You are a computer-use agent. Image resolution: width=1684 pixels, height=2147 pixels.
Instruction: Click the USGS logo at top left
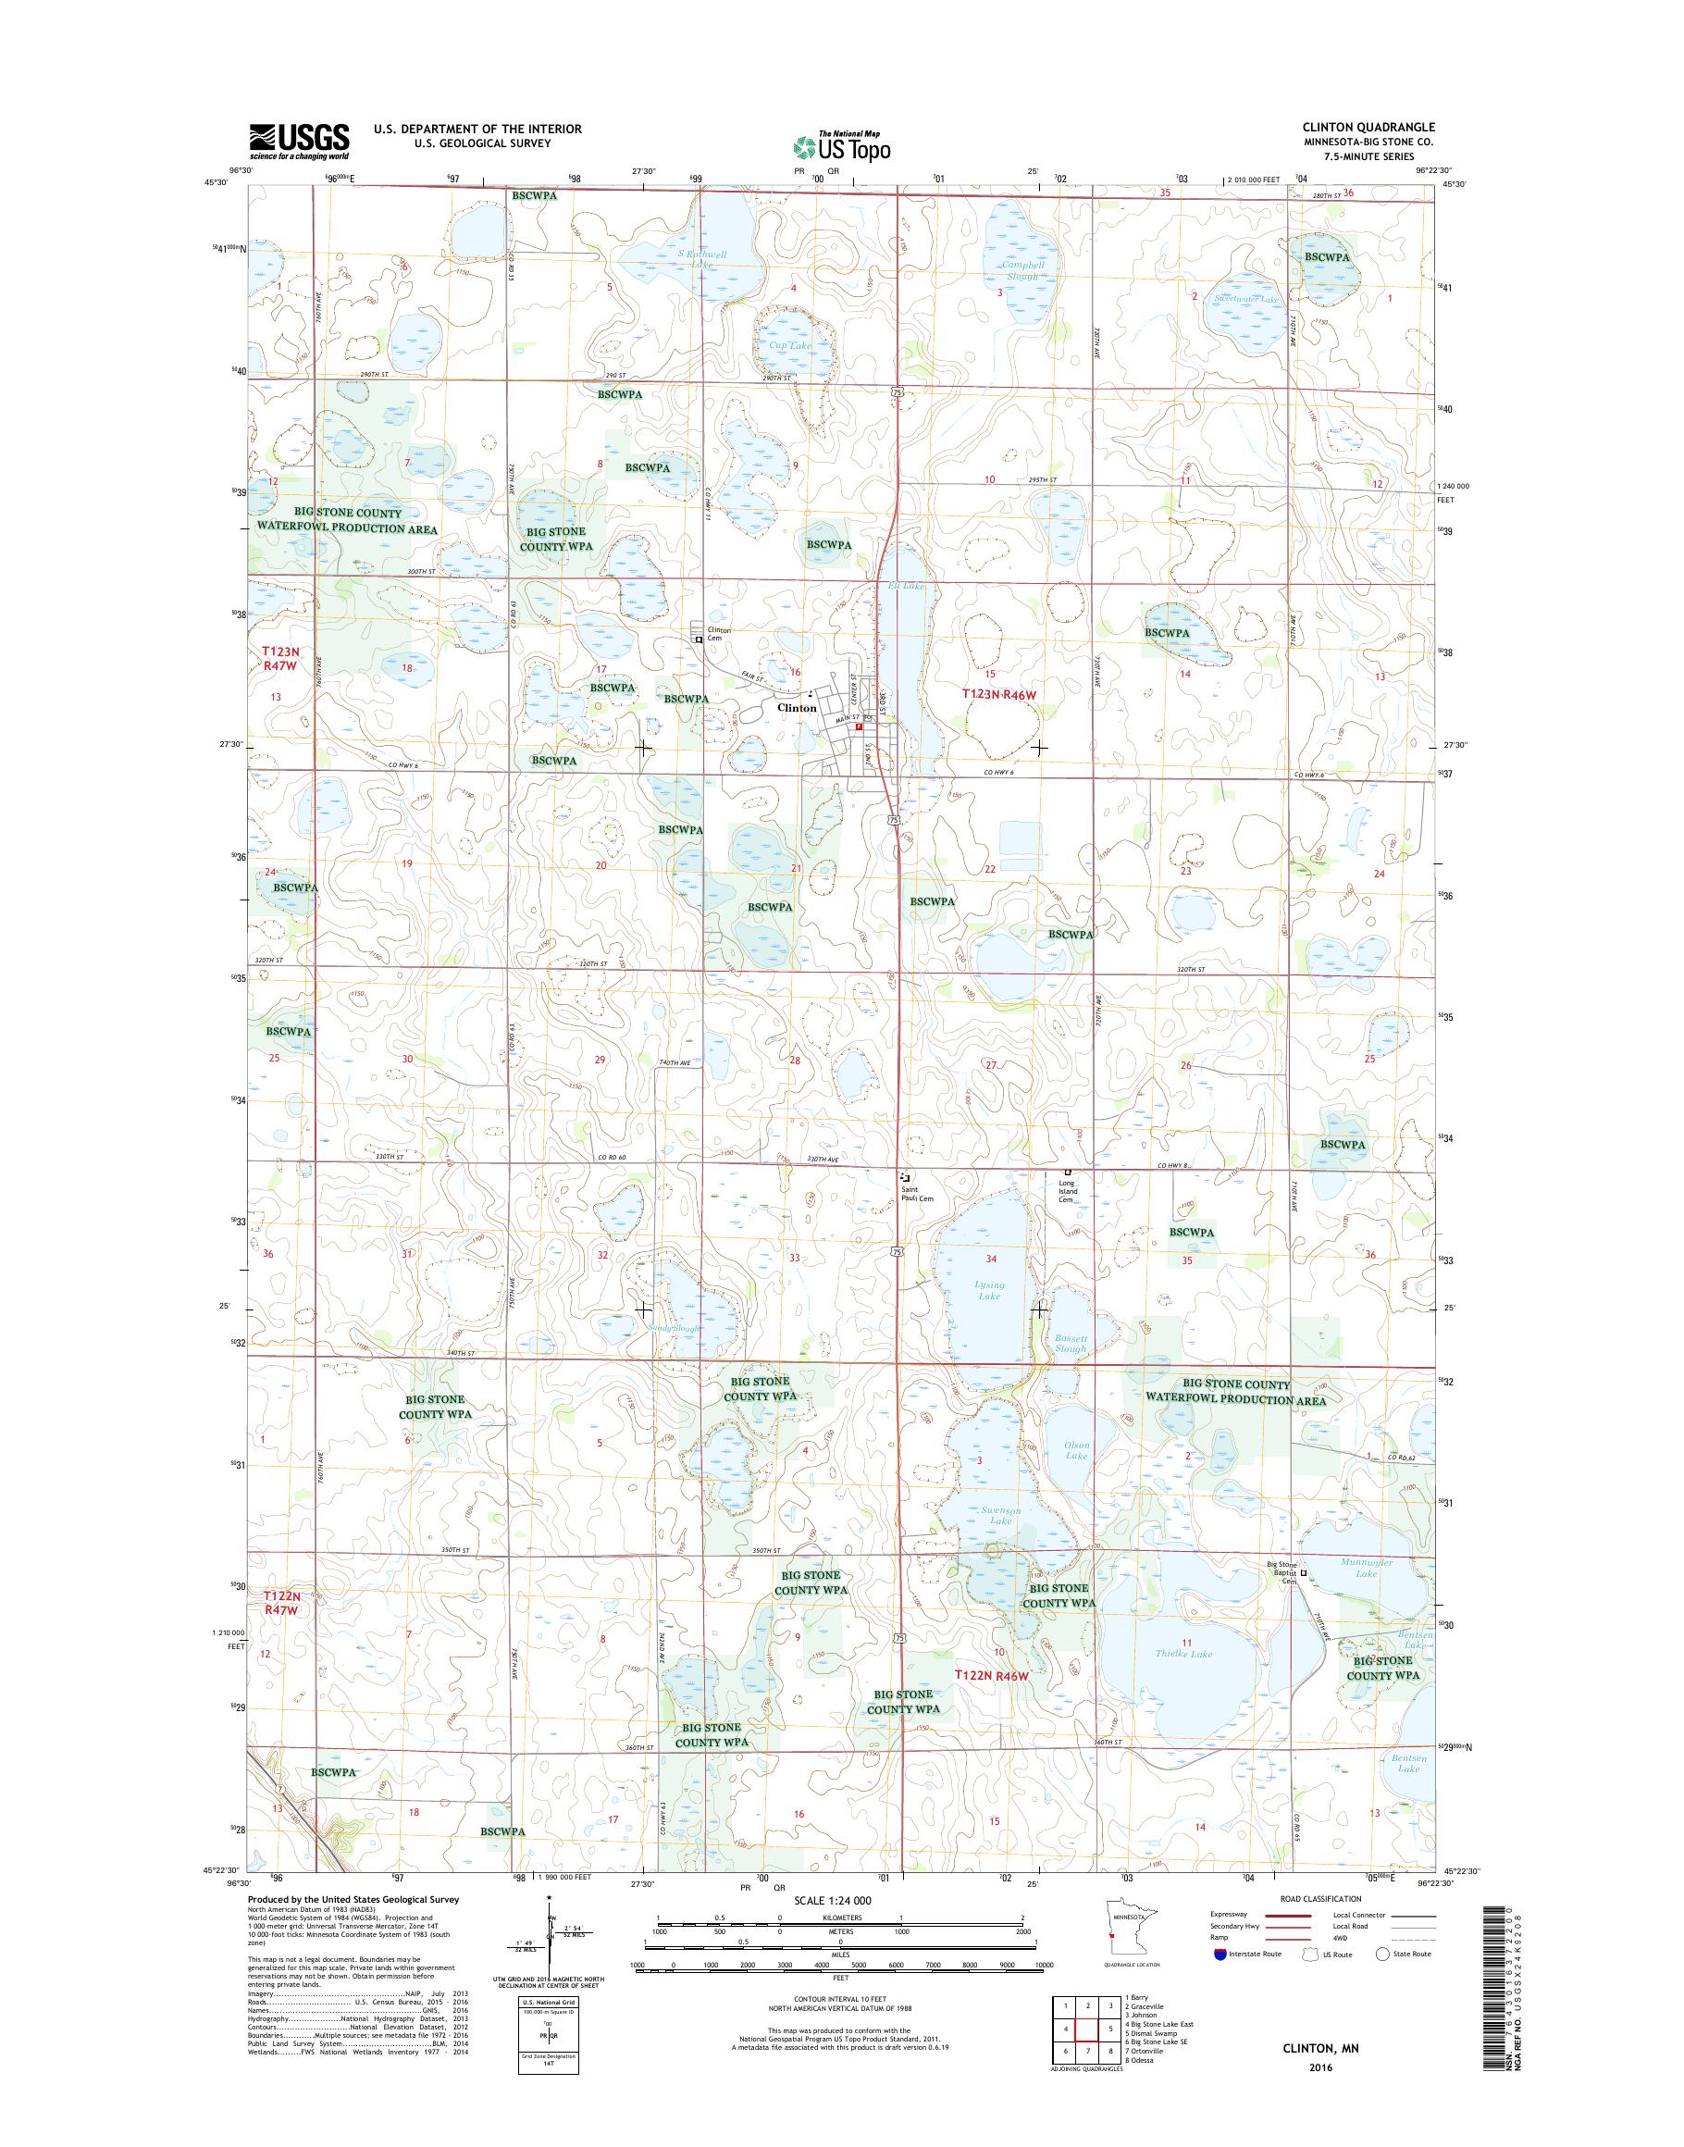pyautogui.click(x=298, y=141)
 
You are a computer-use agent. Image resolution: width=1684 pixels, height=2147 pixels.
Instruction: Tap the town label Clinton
pyautogui.click(x=797, y=708)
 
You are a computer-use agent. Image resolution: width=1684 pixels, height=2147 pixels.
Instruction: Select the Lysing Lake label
pyautogui.click(x=989, y=1290)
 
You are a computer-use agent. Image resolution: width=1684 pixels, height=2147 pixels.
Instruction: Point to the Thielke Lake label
pyautogui.click(x=1188, y=1654)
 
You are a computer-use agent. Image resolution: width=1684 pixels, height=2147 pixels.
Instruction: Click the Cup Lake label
pyautogui.click(x=790, y=346)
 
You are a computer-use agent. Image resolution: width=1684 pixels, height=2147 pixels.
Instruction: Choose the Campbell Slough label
pyautogui.click(x=1022, y=270)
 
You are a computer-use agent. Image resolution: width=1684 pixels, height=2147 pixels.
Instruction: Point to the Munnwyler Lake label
pyautogui.click(x=1367, y=1595)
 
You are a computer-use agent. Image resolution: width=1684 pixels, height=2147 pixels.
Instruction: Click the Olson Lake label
pyautogui.click(x=1076, y=1451)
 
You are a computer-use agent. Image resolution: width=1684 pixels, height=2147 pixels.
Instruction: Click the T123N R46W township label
pyautogui.click(x=999, y=695)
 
